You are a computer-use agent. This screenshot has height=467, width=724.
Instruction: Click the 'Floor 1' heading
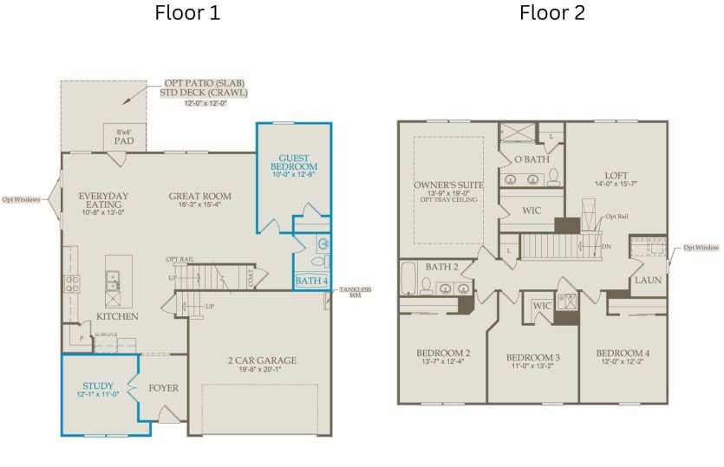point(187,13)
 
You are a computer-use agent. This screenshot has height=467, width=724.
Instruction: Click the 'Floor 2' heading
point(552,13)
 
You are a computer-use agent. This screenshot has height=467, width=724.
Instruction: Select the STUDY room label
point(98,386)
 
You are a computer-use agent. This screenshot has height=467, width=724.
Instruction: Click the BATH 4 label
point(311,280)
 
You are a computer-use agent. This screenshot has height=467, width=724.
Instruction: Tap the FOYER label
point(163,387)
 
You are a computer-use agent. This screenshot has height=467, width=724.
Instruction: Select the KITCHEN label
point(117,316)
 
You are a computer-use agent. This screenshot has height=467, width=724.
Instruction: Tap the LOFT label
point(616,173)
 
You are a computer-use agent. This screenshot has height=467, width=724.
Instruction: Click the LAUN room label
point(647,281)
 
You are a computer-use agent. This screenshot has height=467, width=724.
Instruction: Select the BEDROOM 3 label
point(533,358)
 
